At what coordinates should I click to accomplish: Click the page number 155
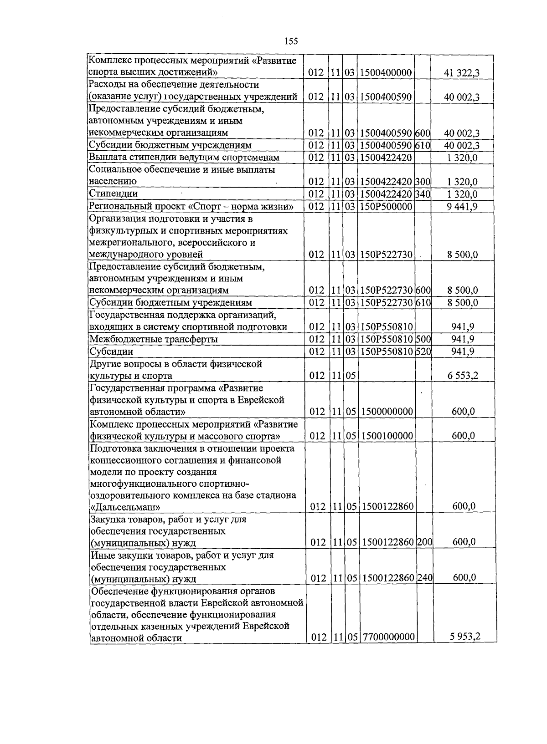point(291,41)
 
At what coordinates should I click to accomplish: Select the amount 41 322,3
point(462,73)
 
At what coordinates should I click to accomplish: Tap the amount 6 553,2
point(463,376)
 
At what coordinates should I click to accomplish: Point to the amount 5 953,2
point(464,637)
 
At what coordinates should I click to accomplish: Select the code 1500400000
point(386,73)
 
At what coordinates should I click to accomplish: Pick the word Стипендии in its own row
point(114,194)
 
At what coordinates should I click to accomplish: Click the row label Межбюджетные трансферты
point(154,339)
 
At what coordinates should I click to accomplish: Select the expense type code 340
point(423,194)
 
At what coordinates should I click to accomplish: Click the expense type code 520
point(423,352)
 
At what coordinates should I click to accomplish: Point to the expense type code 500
point(423,339)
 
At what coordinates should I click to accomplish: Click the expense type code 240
point(425,578)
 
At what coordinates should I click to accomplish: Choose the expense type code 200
point(425,542)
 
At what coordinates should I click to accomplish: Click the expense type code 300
point(423,182)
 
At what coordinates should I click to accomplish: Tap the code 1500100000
point(387,436)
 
